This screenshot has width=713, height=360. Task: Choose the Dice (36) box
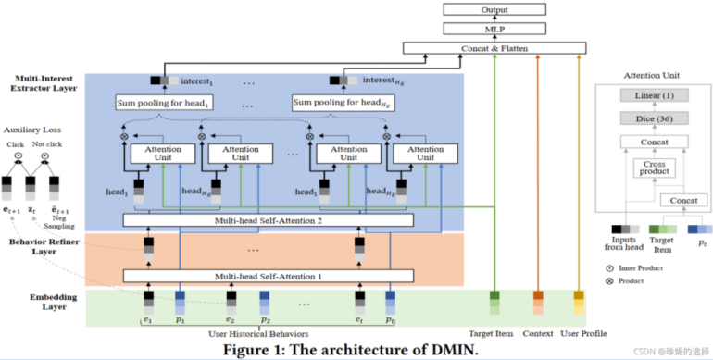pos(654,120)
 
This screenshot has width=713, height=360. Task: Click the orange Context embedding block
pos(537,302)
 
